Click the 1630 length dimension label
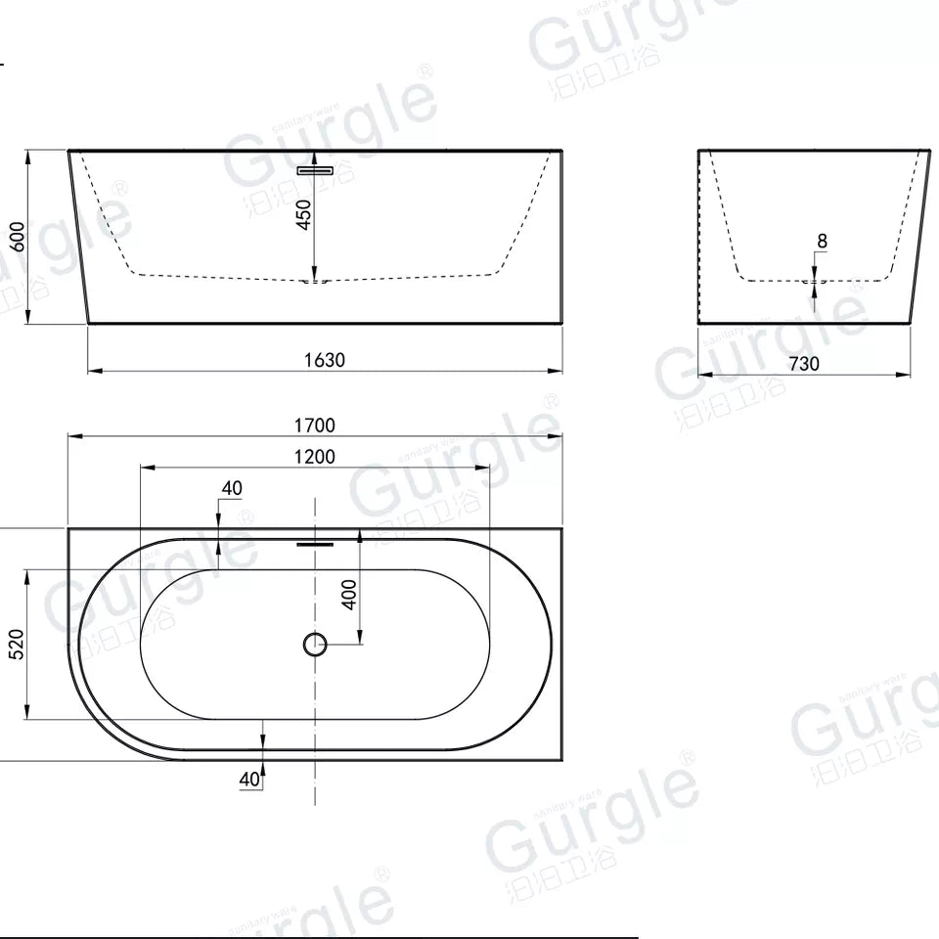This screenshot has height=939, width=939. tap(324, 360)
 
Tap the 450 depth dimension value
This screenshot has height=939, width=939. tap(304, 215)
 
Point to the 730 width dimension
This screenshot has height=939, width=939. tap(803, 364)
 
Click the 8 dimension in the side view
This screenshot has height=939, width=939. tap(822, 241)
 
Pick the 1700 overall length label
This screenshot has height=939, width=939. tap(315, 425)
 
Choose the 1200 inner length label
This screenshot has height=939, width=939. tap(315, 457)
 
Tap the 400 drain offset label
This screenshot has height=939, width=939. tap(349, 594)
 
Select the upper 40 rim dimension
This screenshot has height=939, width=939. tap(232, 488)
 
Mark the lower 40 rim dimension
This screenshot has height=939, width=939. tap(248, 779)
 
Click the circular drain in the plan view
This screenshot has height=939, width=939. tap(314, 644)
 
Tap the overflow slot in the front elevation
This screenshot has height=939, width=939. tap(315, 170)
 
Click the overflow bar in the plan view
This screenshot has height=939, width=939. tap(315, 541)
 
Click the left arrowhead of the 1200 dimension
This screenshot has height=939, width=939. tap(145, 467)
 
